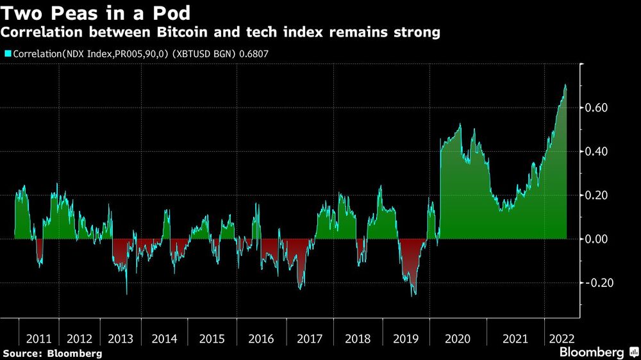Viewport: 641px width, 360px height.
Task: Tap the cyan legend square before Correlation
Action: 7,54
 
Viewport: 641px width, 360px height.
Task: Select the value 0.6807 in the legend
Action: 253,54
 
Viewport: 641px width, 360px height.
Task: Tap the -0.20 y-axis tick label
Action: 598,282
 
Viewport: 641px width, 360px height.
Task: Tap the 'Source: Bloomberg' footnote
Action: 53,353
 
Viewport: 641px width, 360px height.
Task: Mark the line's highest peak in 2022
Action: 565,85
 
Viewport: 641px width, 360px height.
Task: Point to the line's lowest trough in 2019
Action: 413,295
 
